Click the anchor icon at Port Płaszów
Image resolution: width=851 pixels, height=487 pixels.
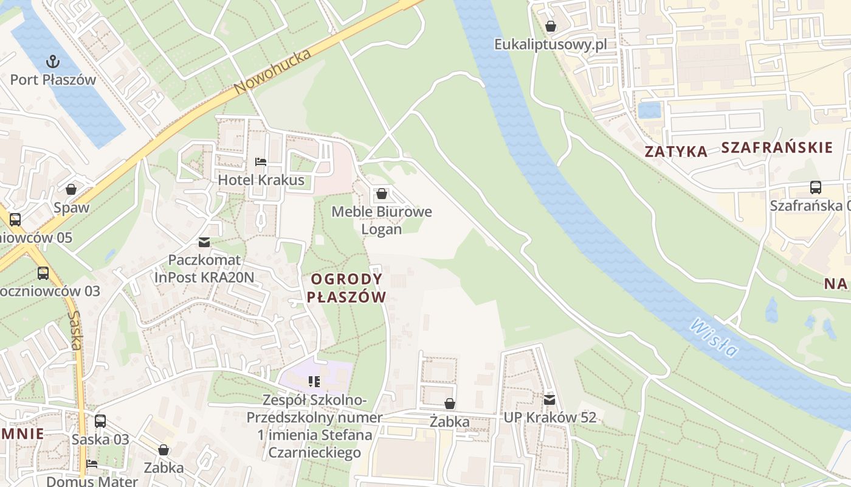(x=53, y=61)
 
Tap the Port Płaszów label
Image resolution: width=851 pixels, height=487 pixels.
(x=53, y=80)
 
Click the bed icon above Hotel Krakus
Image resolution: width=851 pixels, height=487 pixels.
(x=260, y=162)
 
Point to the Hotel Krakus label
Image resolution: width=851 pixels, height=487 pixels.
(x=261, y=180)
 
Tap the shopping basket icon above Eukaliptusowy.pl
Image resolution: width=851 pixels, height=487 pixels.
(x=550, y=26)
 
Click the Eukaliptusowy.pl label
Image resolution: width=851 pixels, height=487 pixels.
(x=550, y=45)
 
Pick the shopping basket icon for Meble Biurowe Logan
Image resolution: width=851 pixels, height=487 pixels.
(x=381, y=194)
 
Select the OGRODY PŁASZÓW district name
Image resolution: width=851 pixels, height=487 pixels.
(x=347, y=288)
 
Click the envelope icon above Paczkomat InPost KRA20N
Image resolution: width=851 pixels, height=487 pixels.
(x=204, y=242)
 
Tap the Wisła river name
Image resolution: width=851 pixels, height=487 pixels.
(x=714, y=338)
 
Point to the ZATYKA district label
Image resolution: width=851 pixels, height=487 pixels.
(x=676, y=152)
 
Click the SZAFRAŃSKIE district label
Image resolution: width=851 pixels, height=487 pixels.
(x=776, y=147)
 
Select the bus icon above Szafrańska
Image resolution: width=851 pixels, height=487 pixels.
(x=816, y=187)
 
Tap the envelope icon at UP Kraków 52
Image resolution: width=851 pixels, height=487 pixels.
(x=550, y=400)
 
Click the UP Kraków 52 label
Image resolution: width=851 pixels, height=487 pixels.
(x=550, y=418)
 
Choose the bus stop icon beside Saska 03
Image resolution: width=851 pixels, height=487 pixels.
(x=100, y=421)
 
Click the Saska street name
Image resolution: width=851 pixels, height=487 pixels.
(x=75, y=331)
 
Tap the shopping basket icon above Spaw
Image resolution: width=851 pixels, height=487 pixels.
(x=71, y=189)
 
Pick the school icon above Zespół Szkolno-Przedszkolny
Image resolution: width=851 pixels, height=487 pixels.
(x=314, y=382)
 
